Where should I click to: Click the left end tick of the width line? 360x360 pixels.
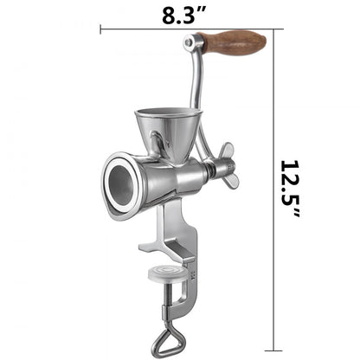(101, 29)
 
